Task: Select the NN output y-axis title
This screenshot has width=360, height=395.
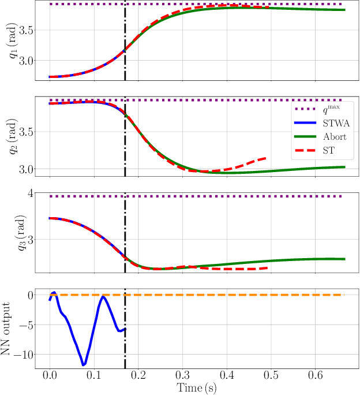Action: [x=7, y=328]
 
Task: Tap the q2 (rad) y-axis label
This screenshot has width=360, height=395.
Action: [x=7, y=136]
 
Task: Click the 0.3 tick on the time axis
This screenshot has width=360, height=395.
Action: [x=183, y=376]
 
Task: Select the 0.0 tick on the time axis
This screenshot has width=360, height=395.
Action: [x=50, y=376]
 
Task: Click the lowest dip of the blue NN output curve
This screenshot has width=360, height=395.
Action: [x=84, y=365]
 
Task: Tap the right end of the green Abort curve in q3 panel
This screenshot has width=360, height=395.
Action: [x=344, y=259]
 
